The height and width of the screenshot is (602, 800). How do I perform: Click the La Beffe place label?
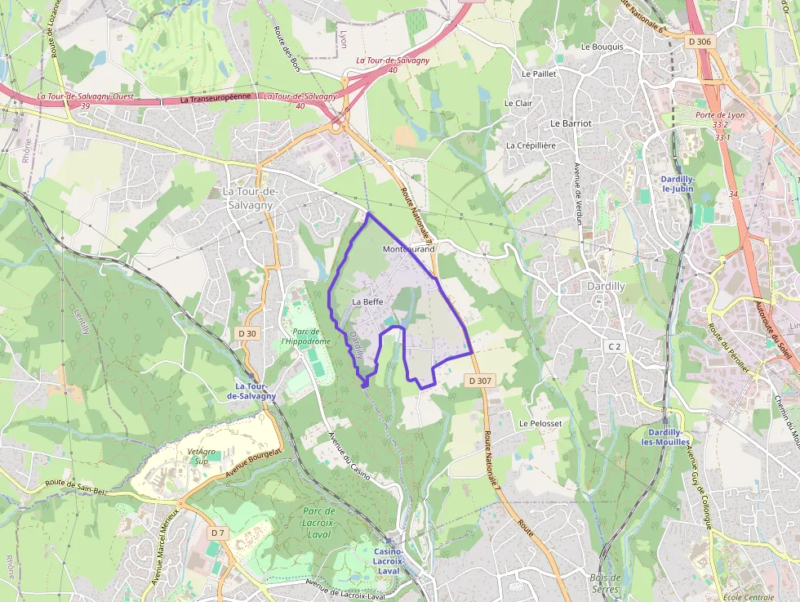click(367, 301)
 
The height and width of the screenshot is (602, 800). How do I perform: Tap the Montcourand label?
click(408, 248)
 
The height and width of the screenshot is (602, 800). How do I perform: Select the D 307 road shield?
click(481, 381)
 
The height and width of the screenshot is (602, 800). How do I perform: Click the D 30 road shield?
click(247, 333)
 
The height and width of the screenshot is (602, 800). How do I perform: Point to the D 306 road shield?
click(700, 42)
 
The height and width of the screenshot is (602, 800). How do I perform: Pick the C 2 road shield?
click(614, 346)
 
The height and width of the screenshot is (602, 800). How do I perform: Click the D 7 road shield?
click(216, 533)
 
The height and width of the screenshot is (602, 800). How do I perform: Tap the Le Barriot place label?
click(571, 123)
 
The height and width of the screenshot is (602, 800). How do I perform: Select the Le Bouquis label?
click(602, 47)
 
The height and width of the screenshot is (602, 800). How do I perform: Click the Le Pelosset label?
click(540, 424)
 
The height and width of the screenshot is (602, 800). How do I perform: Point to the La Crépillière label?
click(531, 145)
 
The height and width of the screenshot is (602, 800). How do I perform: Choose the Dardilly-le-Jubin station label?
click(678, 183)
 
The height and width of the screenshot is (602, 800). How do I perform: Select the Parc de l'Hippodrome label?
click(305, 337)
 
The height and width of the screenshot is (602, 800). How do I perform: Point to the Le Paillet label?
click(539, 74)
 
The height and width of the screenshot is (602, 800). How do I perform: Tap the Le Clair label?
click(518, 104)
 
